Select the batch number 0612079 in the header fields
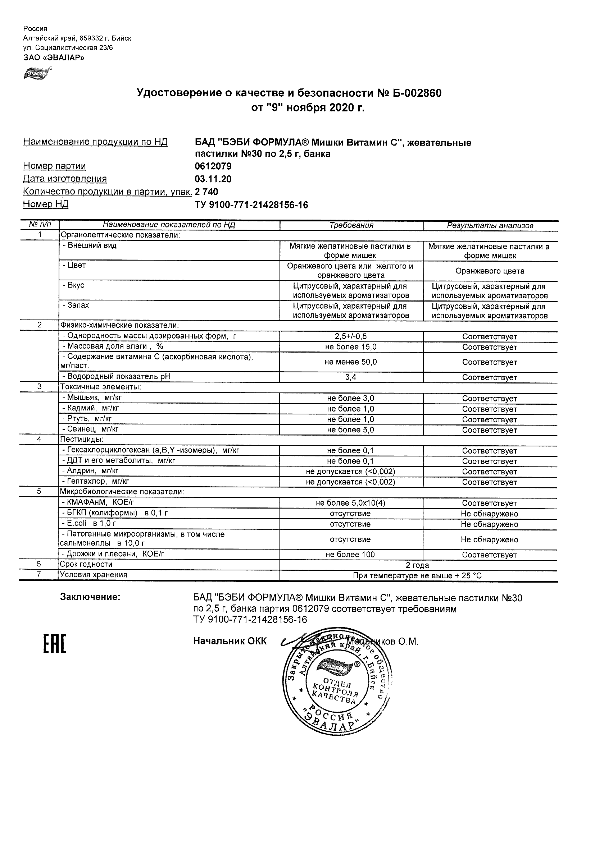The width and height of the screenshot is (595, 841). pos(213,166)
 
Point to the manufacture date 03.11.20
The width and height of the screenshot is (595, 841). pos(213,179)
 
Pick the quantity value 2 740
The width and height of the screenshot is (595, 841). pos(206,192)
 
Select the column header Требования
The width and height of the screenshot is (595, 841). pos(351,226)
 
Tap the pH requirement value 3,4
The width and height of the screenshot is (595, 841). pos(351,377)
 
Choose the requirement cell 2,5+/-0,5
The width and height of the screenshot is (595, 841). pos(351,336)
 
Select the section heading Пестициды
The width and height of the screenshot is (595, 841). pos(82,439)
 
